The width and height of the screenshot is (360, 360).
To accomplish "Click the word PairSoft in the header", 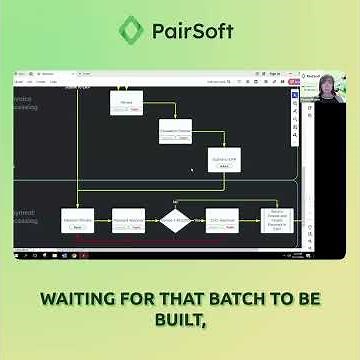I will pos(192,30).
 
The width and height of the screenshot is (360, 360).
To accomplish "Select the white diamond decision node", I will pos(175,221).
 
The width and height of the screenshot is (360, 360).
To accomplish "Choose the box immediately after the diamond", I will pos(221,221).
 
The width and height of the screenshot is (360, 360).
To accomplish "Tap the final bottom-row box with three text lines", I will pos(276,220).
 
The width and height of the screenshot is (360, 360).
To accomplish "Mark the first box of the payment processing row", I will pos(78,221).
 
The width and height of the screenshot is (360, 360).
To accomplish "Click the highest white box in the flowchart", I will pos(126,102).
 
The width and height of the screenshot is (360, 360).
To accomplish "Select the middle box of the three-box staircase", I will pos(176,132).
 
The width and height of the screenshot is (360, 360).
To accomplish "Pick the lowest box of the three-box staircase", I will pos(224,160).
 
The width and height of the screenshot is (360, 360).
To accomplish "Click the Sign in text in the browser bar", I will pos(274,74).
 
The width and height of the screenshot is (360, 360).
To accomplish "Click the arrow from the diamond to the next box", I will pos(198,221).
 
